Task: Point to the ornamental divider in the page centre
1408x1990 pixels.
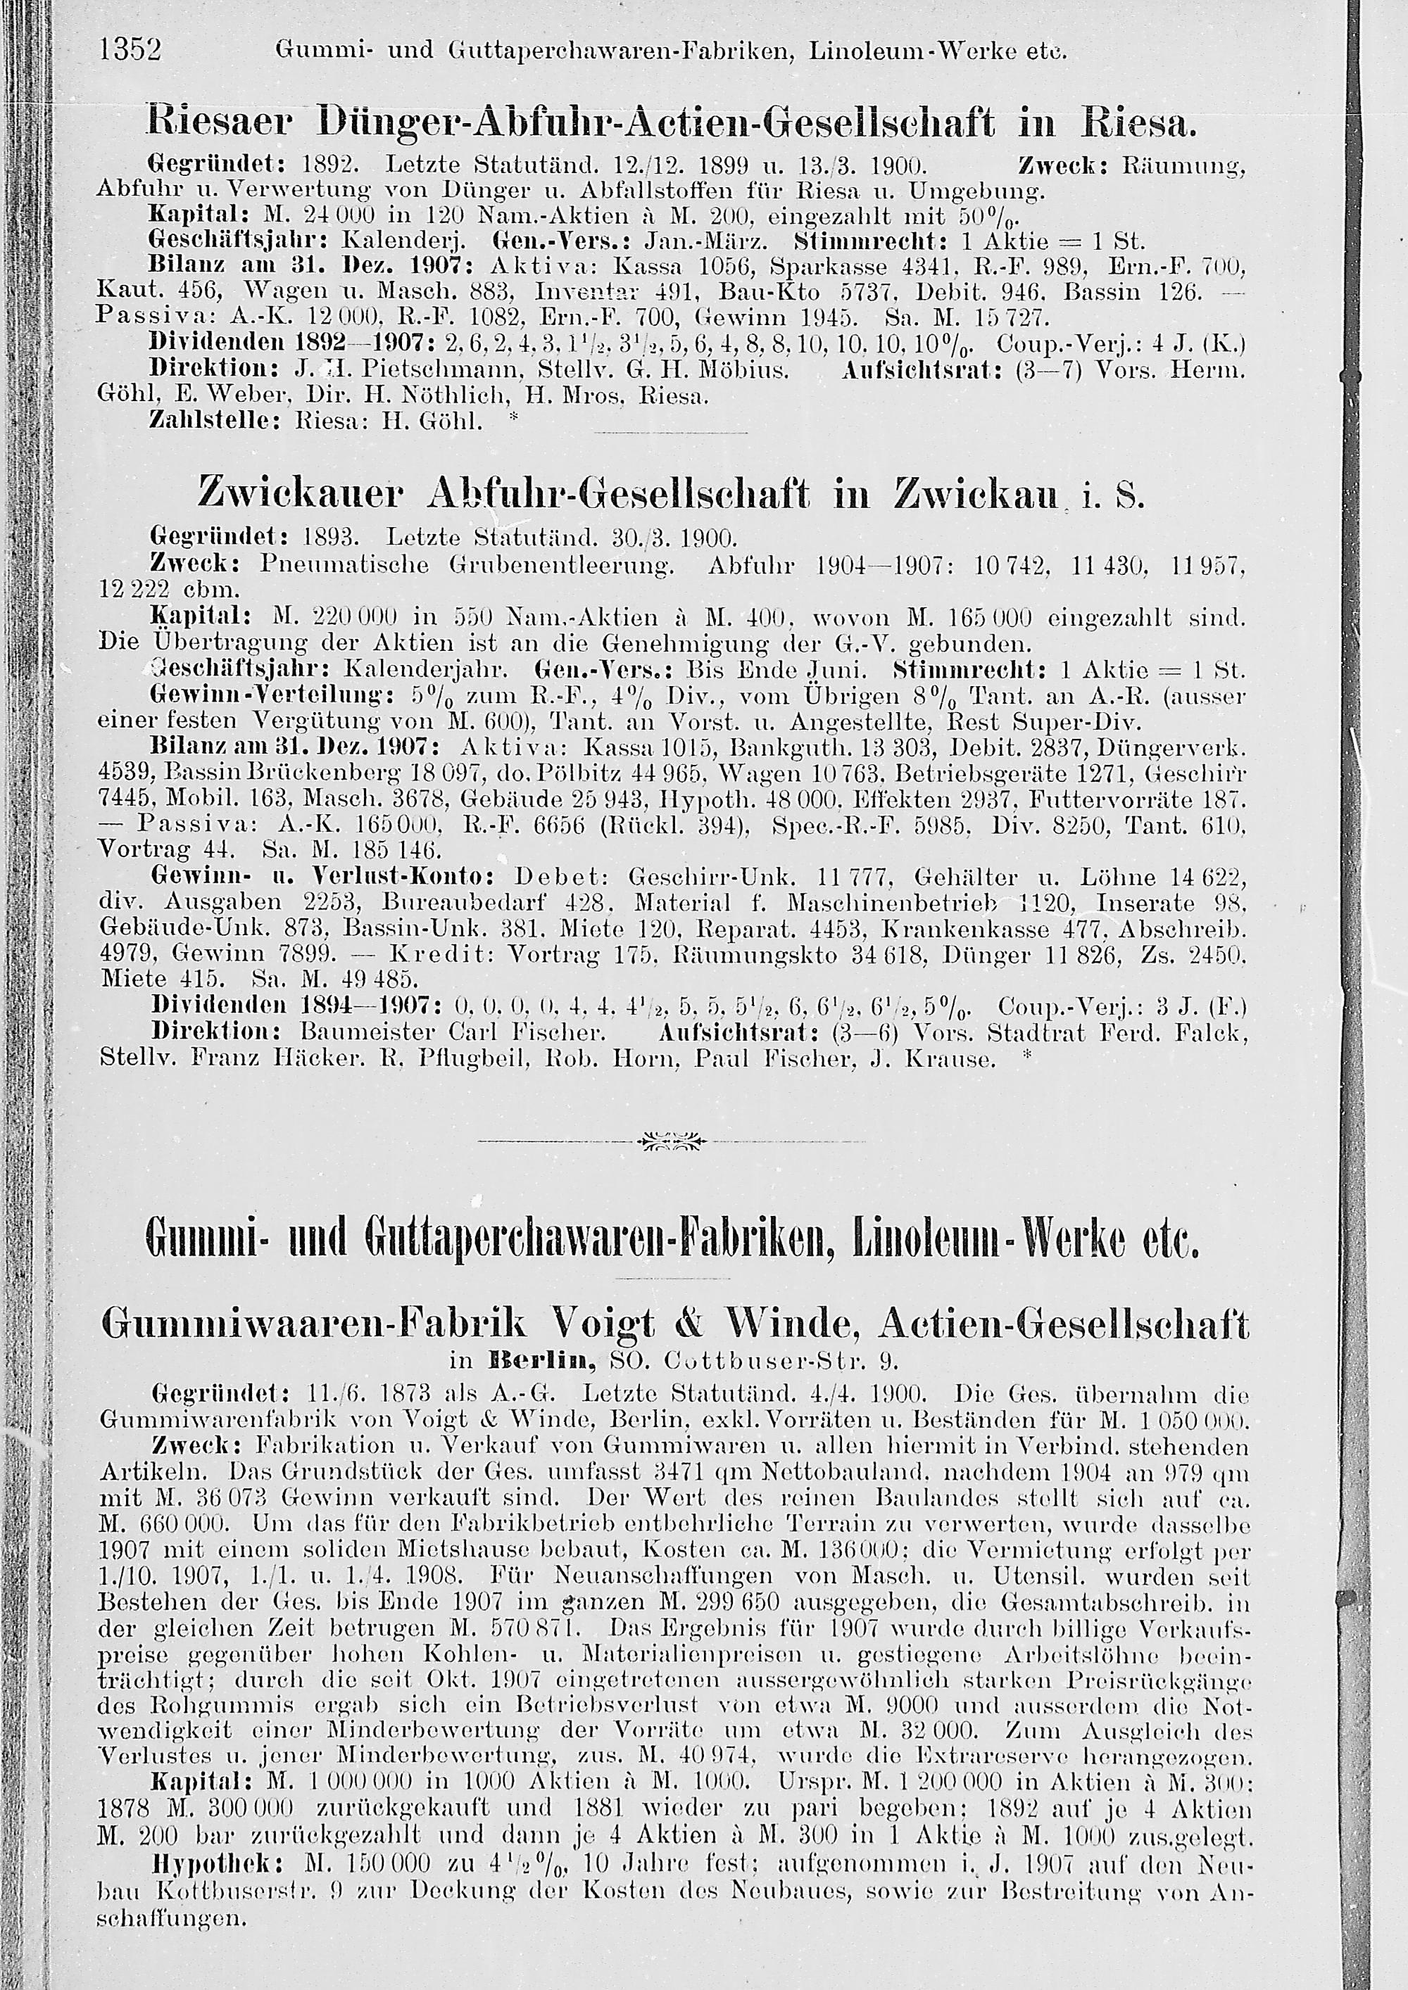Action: click(x=671, y=1140)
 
